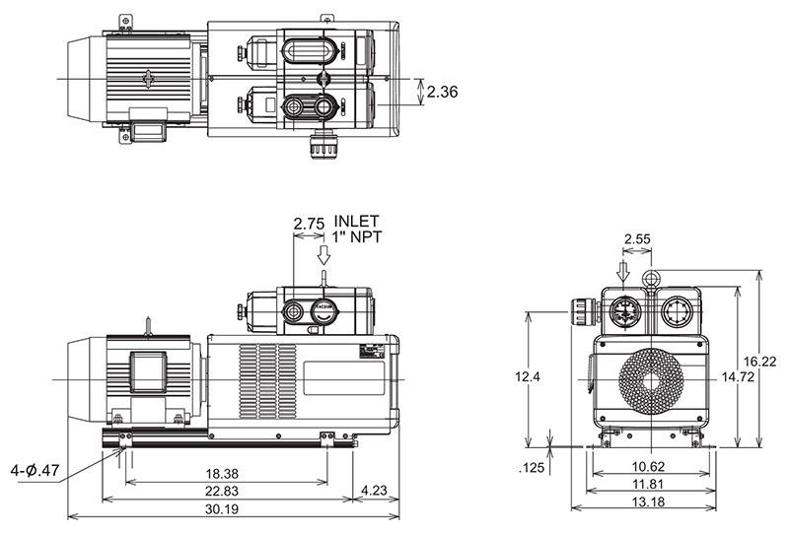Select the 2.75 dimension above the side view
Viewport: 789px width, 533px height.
[310, 224]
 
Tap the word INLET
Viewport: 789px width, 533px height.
[357, 220]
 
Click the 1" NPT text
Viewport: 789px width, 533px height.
[358, 236]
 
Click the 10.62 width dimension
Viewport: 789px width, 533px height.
[648, 467]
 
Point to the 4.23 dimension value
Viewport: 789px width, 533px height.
[377, 490]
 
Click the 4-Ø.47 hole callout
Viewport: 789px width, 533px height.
[35, 470]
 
